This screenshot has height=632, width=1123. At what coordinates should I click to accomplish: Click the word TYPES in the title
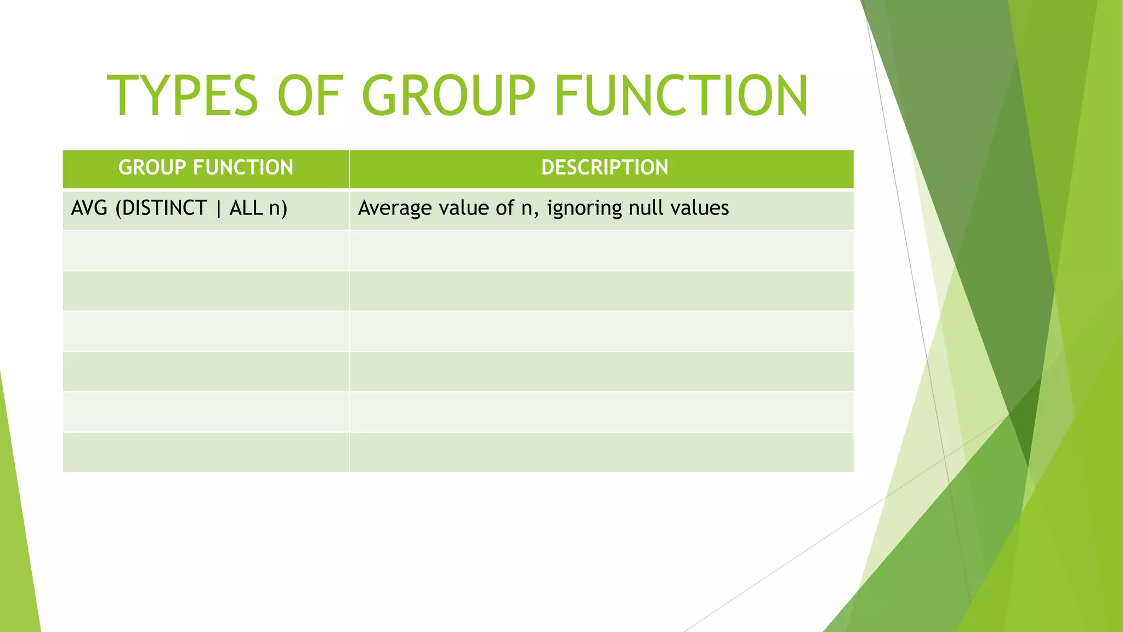point(182,96)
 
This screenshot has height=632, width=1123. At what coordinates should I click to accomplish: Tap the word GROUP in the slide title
point(448,96)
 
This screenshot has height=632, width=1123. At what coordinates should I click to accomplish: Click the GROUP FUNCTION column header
point(206,168)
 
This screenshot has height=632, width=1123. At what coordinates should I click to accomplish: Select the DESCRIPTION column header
point(604,168)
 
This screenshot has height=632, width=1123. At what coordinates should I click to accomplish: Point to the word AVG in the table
point(89,208)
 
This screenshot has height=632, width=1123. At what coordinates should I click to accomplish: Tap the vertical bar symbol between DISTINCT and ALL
point(218,209)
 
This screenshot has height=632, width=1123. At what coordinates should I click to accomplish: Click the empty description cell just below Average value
point(601,251)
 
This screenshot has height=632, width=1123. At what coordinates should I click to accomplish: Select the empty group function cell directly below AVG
point(206,251)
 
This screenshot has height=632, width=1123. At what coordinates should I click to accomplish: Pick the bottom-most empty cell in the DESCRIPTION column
point(601,453)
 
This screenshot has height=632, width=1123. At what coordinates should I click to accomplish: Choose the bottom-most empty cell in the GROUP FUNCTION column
point(206,453)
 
